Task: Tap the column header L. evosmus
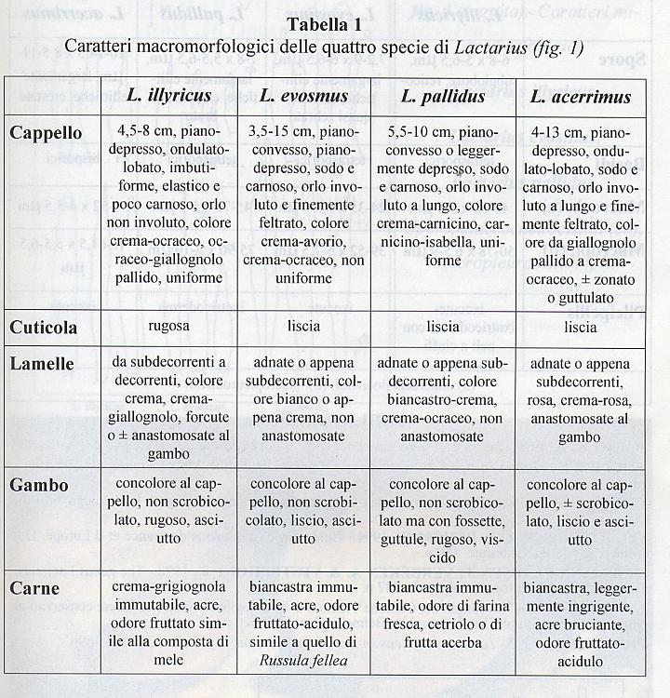(x=303, y=96)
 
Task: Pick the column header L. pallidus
(x=443, y=96)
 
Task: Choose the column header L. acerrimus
(x=580, y=97)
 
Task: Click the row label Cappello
(x=46, y=133)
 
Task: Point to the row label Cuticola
(x=44, y=329)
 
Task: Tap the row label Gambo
(x=39, y=485)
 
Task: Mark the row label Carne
(x=34, y=588)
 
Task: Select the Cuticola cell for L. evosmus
(x=303, y=327)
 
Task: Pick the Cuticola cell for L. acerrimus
(x=580, y=328)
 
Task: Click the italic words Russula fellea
(x=303, y=661)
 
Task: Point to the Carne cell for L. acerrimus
(x=580, y=624)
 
